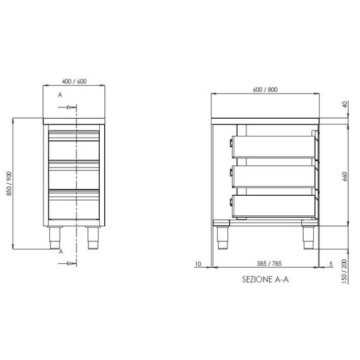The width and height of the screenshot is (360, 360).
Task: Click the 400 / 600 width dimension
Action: (75, 81)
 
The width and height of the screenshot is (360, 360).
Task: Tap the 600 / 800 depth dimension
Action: (265, 90)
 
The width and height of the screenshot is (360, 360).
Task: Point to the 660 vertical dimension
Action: (345, 175)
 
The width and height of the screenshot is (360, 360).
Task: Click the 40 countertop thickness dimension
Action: (345, 105)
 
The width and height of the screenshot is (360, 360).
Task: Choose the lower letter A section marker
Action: (60, 251)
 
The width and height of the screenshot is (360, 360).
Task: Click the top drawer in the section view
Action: (275, 147)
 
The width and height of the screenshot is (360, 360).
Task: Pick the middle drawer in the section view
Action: (275, 176)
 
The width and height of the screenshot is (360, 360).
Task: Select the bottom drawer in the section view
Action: (275, 205)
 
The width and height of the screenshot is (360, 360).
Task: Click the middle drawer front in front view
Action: (75, 177)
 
